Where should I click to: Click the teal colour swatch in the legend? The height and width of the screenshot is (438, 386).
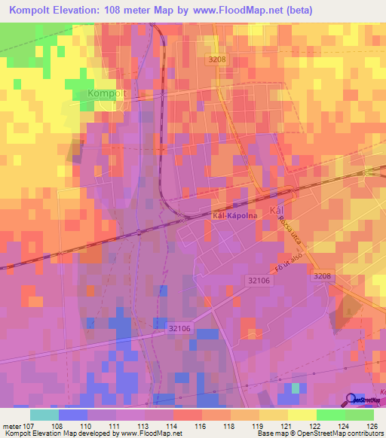[44, 415]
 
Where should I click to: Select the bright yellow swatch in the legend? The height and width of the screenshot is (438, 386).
[302, 415]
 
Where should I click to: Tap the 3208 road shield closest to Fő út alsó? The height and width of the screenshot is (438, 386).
[322, 277]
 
